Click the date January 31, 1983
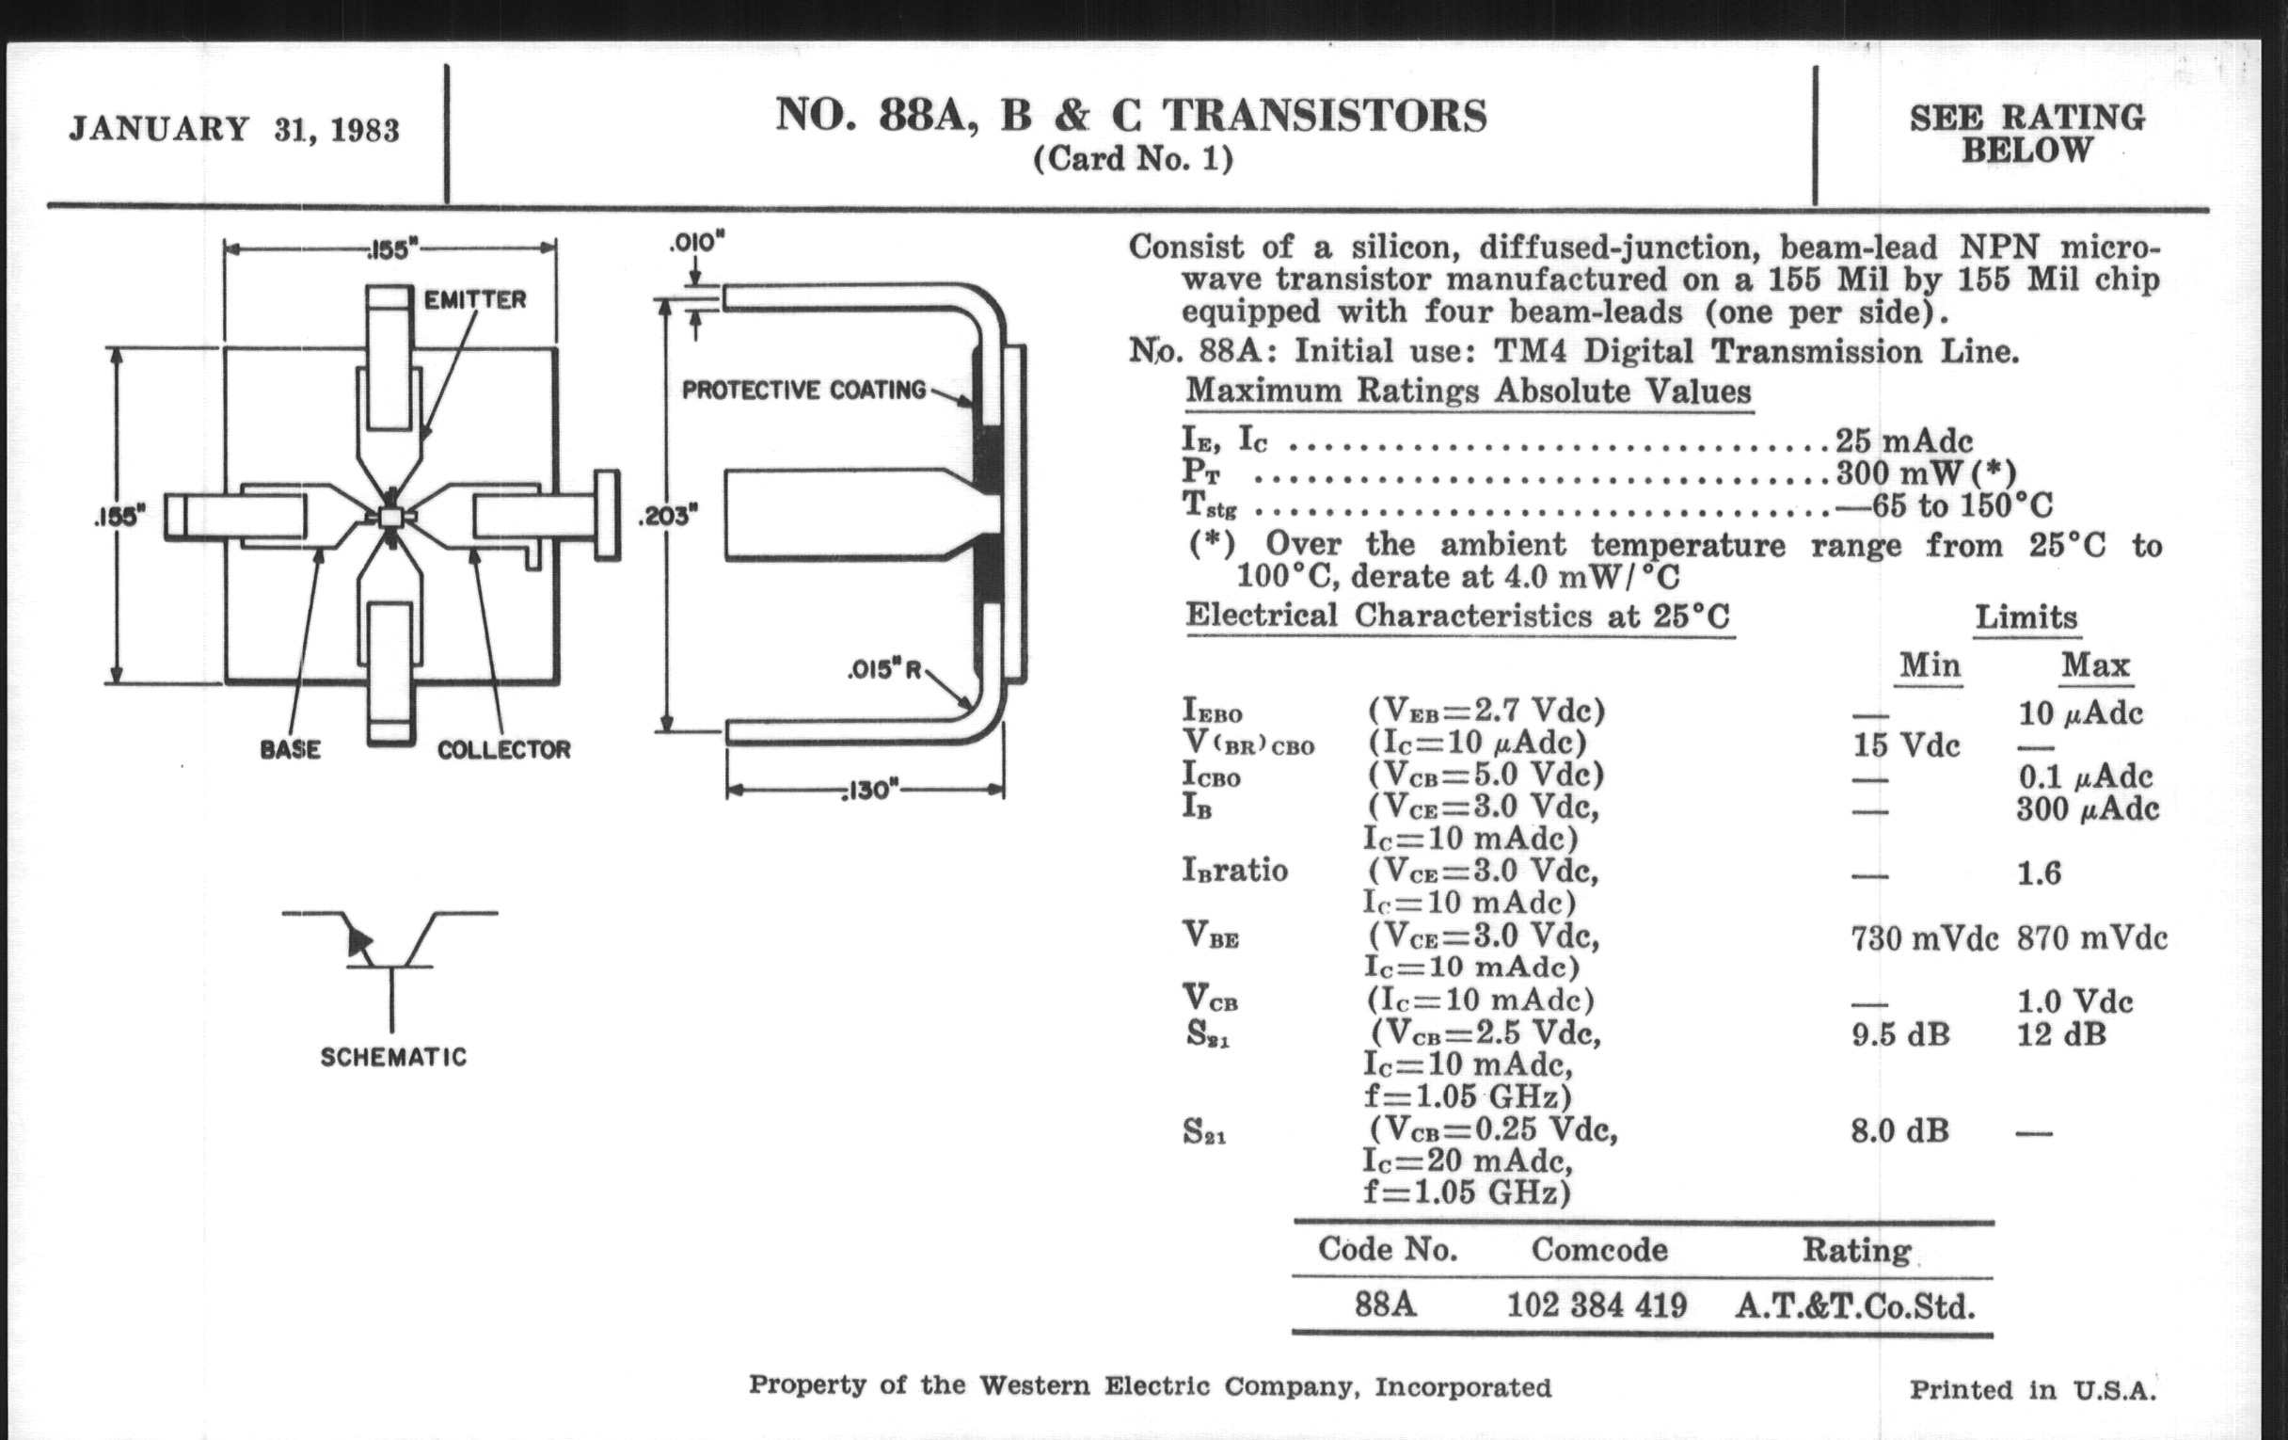[x=233, y=129]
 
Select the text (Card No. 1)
[x=1133, y=158]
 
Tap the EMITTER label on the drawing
[x=474, y=299]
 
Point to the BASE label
[x=290, y=750]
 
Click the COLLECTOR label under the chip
[x=503, y=750]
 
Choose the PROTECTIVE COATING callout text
[x=803, y=390]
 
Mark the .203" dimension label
[x=668, y=517]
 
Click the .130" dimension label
[x=867, y=791]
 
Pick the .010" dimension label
[x=696, y=243]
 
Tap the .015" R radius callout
[x=884, y=670]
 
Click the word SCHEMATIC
[x=393, y=1057]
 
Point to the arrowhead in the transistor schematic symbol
[x=359, y=941]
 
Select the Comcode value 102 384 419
[x=1597, y=1305]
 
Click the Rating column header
[x=1856, y=1250]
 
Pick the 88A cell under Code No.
[x=1386, y=1305]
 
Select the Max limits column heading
[x=2095, y=665]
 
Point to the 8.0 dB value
[x=1899, y=1131]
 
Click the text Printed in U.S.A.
[x=2032, y=1389]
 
